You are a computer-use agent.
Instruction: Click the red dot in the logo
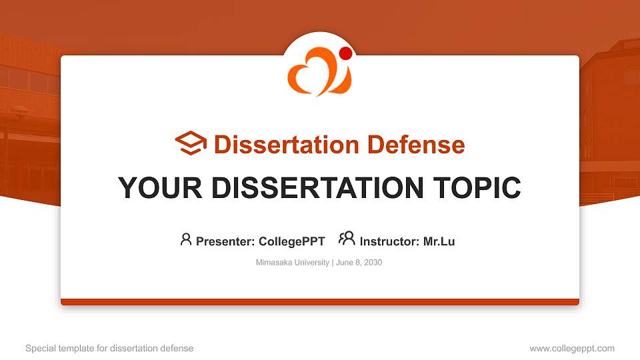345,53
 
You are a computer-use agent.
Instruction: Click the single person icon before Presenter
186,239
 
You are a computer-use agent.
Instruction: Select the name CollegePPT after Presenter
291,241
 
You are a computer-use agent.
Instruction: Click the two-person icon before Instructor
347,239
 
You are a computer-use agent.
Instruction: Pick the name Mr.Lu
439,241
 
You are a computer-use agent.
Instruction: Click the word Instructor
389,241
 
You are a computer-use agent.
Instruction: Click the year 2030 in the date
372,263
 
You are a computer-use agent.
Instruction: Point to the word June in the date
345,263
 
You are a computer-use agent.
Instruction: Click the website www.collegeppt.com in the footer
572,348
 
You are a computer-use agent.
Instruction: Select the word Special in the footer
40,348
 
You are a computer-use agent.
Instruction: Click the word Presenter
223,241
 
